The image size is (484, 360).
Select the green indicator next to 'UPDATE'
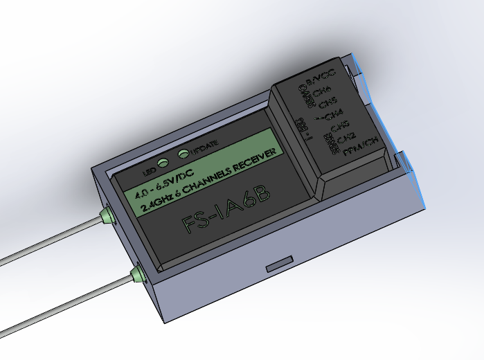click(183, 154)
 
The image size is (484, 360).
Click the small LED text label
click(148, 170)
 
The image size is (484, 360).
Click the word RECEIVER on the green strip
click(259, 158)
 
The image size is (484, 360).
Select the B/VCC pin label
click(321, 75)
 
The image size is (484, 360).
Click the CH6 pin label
click(323, 90)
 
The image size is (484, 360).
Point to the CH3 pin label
click(339, 126)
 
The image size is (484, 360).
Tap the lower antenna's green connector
click(138, 274)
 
